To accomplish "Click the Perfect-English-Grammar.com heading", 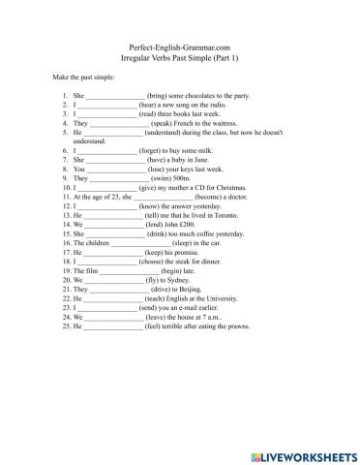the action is click(180, 46).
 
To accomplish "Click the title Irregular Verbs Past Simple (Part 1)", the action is click(180, 56).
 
